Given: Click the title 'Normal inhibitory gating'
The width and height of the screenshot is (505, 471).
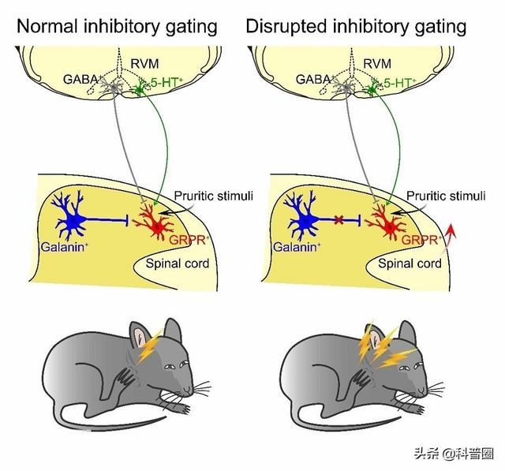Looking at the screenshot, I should (x=117, y=26).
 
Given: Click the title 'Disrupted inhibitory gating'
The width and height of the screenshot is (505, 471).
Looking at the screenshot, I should (x=356, y=26).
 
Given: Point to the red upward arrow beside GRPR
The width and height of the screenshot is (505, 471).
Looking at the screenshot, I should (x=451, y=235).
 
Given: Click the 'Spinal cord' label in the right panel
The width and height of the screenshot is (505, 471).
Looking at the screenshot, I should (x=410, y=264).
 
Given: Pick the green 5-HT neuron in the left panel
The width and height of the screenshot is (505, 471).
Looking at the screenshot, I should (x=141, y=88).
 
